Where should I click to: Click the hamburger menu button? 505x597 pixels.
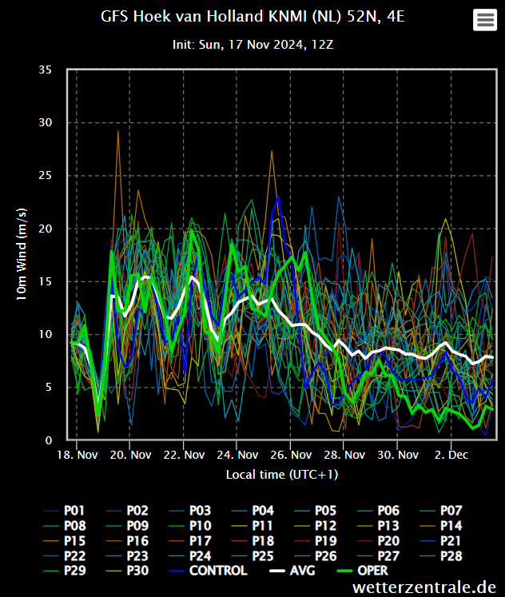coord(485,19)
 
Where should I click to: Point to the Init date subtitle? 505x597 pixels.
coord(252,45)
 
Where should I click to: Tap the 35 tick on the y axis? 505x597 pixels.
coord(46,70)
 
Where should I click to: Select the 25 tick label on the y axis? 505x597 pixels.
coord(46,176)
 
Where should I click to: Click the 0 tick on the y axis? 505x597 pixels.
coord(49,440)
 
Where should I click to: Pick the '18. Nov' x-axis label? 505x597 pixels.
coord(78,455)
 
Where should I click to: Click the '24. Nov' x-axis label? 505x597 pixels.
coord(237,455)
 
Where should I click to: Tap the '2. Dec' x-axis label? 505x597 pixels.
coord(451,455)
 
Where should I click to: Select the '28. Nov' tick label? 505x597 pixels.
coord(344,455)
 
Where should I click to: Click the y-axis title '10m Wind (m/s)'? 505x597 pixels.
coord(22,254)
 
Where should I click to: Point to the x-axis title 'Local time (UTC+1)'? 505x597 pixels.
coord(282,475)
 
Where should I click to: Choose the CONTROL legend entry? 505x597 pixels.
coord(209,571)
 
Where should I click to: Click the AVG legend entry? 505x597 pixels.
coord(292,571)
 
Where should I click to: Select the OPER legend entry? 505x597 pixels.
coord(363,571)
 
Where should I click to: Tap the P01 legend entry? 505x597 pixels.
coord(64,511)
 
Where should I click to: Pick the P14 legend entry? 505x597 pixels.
coord(441,526)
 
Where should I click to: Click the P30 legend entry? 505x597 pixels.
coord(127,571)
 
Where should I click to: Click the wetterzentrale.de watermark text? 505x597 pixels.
coord(424,587)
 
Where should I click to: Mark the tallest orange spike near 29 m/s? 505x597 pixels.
coord(118,131)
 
